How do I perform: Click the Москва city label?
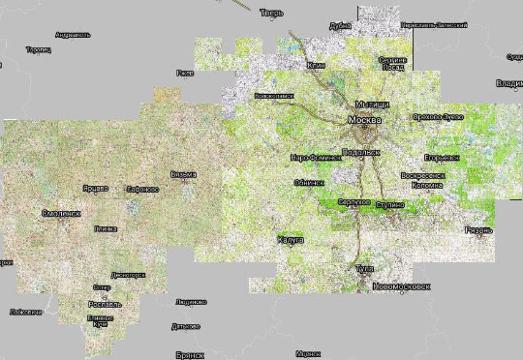364,120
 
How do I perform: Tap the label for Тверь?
271,14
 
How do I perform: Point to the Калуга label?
291,238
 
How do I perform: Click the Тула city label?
365,268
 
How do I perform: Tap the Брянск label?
191,355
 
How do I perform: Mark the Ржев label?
184,73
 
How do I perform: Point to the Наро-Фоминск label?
313,157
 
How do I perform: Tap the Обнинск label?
310,182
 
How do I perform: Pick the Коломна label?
427,184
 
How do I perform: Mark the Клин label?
316,65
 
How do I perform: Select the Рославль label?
104,303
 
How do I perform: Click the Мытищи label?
371,104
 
